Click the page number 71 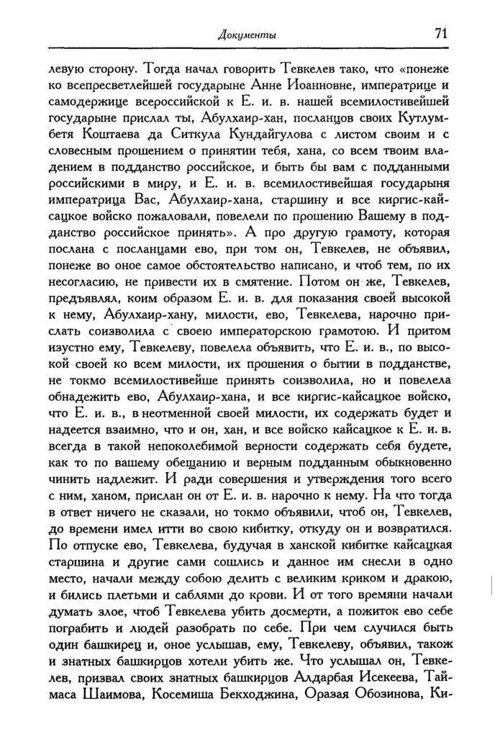(442, 34)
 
